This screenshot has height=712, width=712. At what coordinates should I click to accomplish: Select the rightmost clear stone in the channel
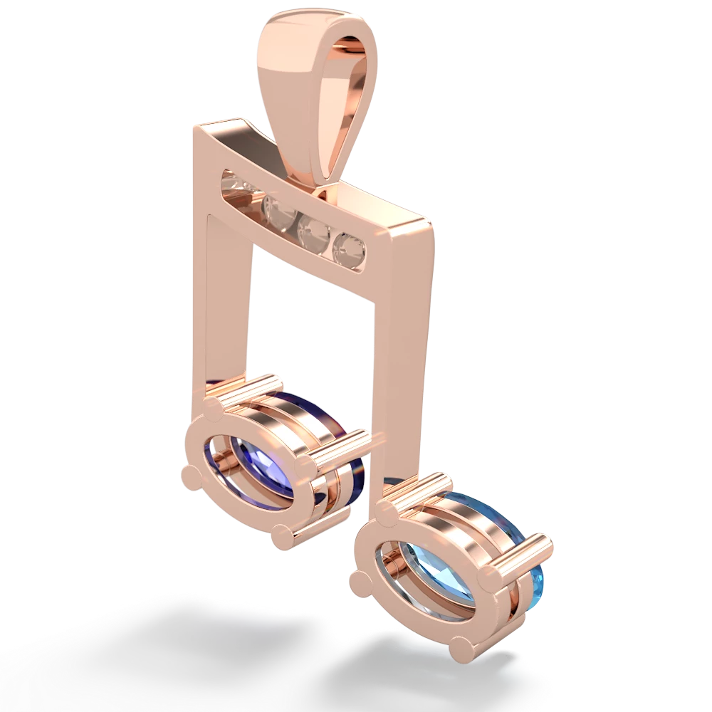tap(349, 246)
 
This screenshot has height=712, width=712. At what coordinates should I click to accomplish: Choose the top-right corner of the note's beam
tap(430, 217)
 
